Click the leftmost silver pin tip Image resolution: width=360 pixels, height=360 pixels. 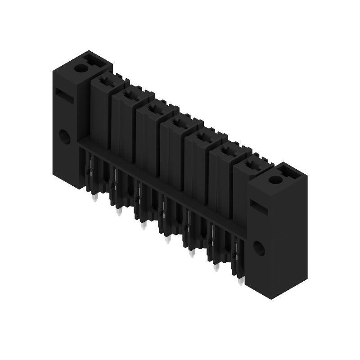pyautogui.click(x=94, y=198)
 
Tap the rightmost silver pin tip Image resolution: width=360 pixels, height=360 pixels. pyautogui.click(x=240, y=282)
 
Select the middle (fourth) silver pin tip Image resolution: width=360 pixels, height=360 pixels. pyautogui.click(x=168, y=240)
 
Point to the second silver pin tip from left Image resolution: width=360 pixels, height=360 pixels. pyautogui.click(x=119, y=212)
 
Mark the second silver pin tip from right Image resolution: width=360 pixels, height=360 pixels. pyautogui.click(x=216, y=268)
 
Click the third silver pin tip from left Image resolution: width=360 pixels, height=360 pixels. pyautogui.click(x=144, y=226)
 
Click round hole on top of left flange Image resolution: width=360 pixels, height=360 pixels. pyautogui.click(x=81, y=68)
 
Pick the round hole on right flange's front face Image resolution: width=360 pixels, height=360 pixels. pyautogui.click(x=259, y=248)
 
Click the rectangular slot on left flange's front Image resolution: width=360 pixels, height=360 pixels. pyautogui.click(x=65, y=95)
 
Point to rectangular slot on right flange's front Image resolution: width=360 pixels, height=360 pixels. pyautogui.click(x=259, y=207)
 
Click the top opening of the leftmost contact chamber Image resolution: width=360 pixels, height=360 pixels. pyautogui.click(x=107, y=81)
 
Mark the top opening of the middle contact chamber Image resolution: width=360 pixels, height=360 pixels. pyautogui.click(x=180, y=123)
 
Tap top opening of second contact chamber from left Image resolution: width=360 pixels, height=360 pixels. pyautogui.click(x=131, y=95)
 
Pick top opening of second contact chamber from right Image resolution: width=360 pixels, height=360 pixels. pyautogui.click(x=229, y=151)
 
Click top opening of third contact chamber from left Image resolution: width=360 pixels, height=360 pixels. pyautogui.click(x=156, y=109)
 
